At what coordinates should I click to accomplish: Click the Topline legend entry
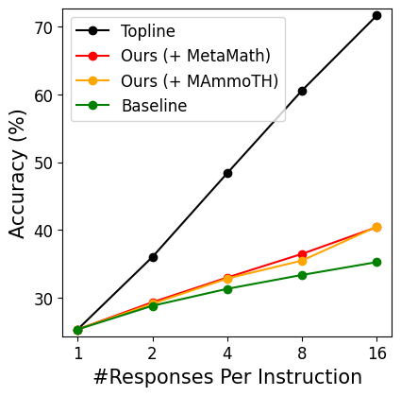[147, 30]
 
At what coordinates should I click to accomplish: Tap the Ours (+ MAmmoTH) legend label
[199, 81]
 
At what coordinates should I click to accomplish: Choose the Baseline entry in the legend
[154, 106]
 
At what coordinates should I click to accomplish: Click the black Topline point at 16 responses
[376, 15]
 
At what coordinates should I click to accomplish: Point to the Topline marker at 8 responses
[302, 91]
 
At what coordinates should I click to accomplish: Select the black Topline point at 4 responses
[227, 173]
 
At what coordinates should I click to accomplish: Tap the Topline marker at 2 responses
[153, 257]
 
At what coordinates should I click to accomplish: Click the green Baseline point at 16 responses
[376, 262]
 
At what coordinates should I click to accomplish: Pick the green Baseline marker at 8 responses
[302, 275]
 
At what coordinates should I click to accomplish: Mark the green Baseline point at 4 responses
[227, 289]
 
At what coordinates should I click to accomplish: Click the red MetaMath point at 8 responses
[302, 254]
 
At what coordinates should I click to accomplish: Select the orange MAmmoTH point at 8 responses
[302, 261]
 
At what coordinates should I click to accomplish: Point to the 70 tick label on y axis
[45, 27]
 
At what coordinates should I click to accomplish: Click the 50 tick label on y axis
[45, 163]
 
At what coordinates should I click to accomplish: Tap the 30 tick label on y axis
[45, 298]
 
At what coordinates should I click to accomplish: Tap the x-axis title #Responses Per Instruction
[227, 377]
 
